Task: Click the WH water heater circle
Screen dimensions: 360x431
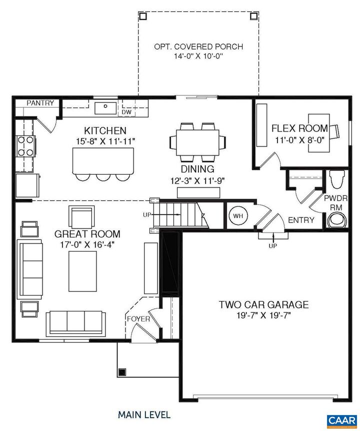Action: (x=238, y=216)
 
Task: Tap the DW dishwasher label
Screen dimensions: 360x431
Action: (x=126, y=112)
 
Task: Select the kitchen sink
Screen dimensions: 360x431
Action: (x=105, y=108)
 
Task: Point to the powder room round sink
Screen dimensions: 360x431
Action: (x=337, y=220)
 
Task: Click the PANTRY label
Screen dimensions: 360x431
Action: (x=40, y=103)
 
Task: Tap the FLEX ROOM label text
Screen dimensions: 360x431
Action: (x=299, y=128)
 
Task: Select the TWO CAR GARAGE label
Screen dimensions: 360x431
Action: (x=263, y=304)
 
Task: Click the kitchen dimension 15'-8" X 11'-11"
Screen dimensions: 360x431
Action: (x=105, y=141)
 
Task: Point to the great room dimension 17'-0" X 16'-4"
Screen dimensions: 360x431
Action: (x=87, y=244)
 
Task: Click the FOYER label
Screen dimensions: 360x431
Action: (x=138, y=319)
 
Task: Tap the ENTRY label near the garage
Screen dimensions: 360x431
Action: (x=301, y=220)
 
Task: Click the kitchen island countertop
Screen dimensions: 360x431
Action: (x=103, y=161)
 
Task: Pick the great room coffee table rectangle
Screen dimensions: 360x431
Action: (x=82, y=271)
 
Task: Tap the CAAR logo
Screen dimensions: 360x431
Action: (x=341, y=420)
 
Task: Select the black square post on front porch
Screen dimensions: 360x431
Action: (x=122, y=372)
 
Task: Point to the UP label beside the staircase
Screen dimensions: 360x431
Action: (x=147, y=215)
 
